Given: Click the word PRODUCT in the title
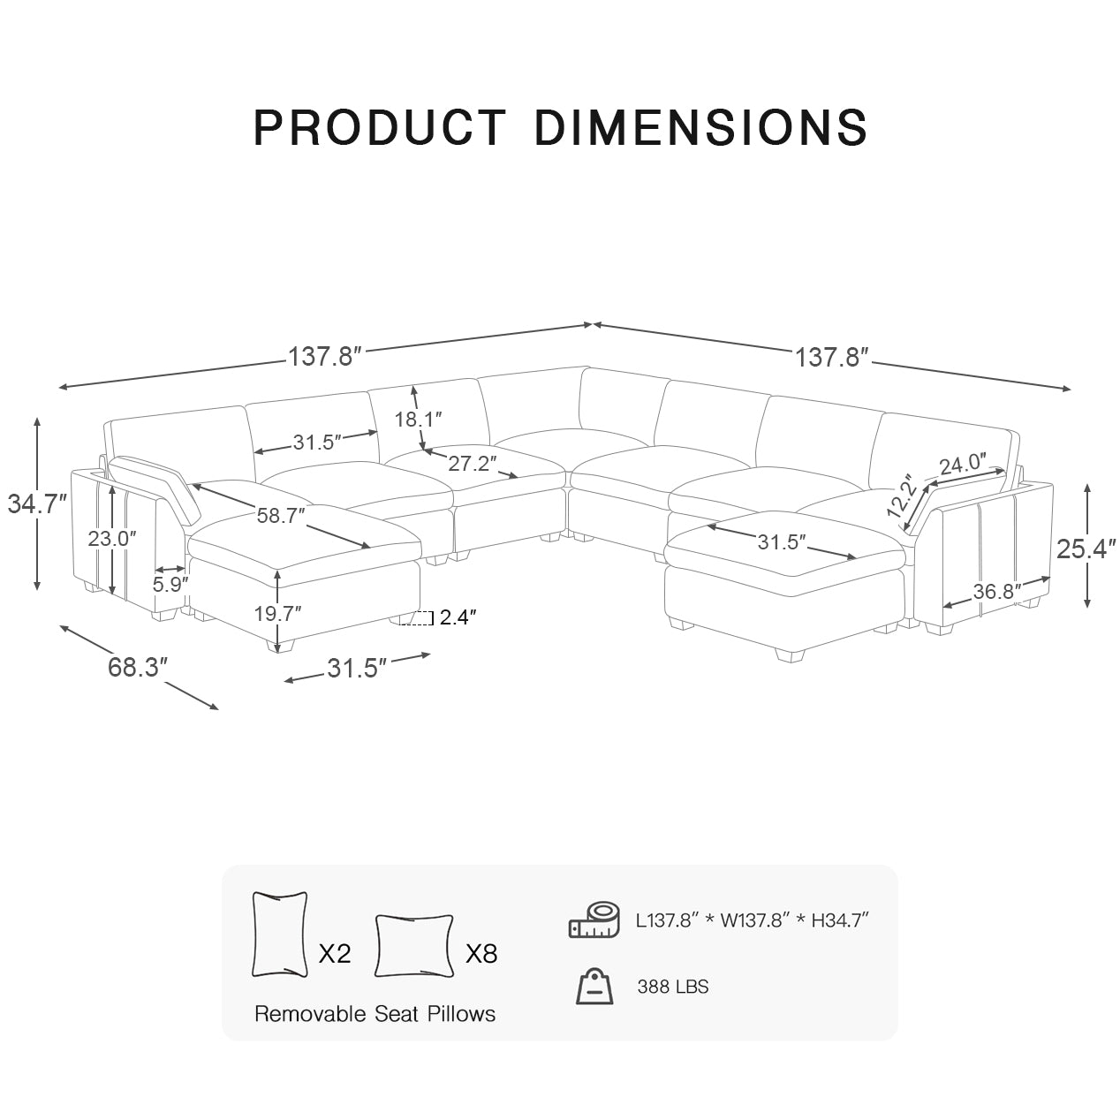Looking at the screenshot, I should coord(379,128).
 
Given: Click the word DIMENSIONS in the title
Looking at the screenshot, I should coord(700,128).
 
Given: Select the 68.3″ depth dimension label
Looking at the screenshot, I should coord(138,667).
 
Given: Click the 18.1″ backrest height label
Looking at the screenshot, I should coord(418,419).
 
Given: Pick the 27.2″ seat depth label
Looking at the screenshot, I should coord(472,462).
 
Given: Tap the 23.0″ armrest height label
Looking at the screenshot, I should coord(112,538).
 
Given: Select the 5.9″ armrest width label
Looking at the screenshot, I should coord(170,584).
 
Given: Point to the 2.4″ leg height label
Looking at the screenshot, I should coord(458,618).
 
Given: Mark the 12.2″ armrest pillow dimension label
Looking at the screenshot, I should coord(900,496).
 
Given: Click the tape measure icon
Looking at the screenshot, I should coord(594,919).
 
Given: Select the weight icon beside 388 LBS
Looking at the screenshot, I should coord(594,986).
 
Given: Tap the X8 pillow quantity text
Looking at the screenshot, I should coord(481,953).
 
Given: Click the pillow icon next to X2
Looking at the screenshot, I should coord(280,934).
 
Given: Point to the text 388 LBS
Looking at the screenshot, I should coord(672,987).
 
